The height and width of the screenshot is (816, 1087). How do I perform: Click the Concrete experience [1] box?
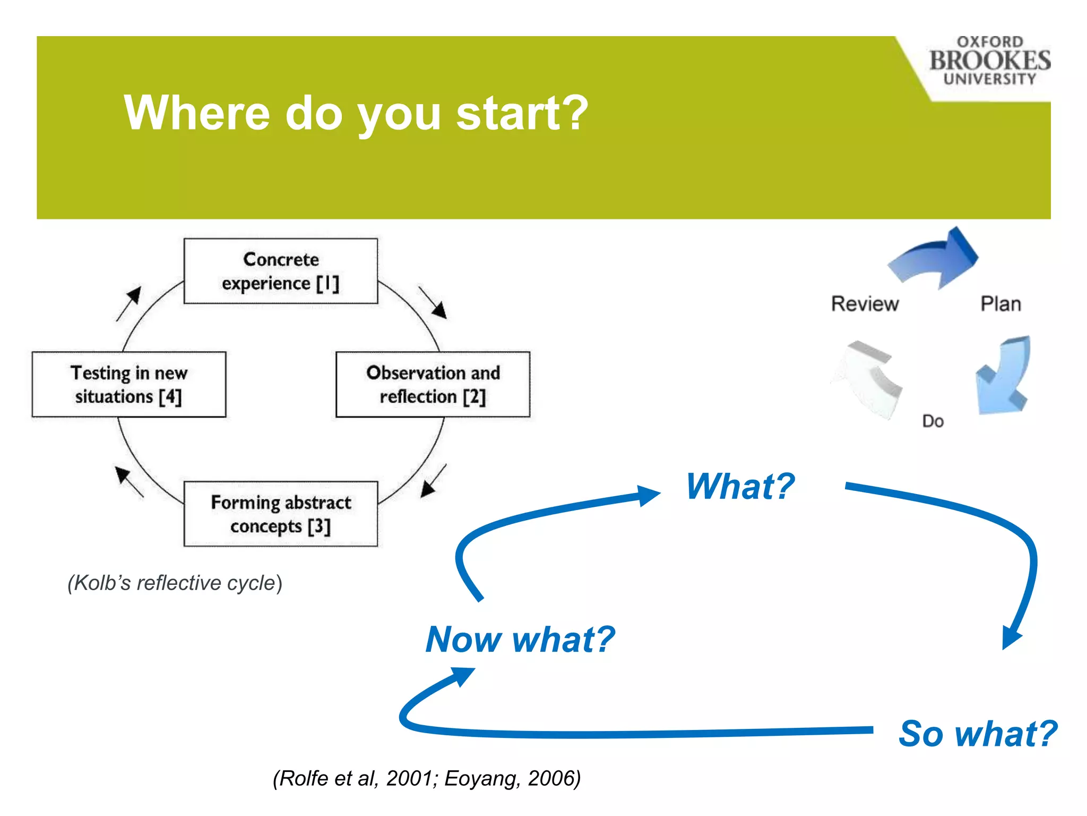pos(280,271)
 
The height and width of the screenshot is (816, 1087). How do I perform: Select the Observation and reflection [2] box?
pos(433,384)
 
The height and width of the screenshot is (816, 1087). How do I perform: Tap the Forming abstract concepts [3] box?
pos(280,514)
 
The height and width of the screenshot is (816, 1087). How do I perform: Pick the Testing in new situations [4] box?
pos(128,384)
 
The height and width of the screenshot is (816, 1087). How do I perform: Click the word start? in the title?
pos(522,113)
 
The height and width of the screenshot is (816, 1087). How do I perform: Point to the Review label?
pos(865,304)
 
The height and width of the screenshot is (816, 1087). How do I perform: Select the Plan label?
pos(1000,304)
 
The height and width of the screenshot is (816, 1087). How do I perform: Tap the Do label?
pos(933,421)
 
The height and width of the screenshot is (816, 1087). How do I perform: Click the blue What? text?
pos(740,487)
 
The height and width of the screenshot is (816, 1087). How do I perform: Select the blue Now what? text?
pos(520,639)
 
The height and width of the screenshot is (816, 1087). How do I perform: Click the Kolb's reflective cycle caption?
pos(175,583)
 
